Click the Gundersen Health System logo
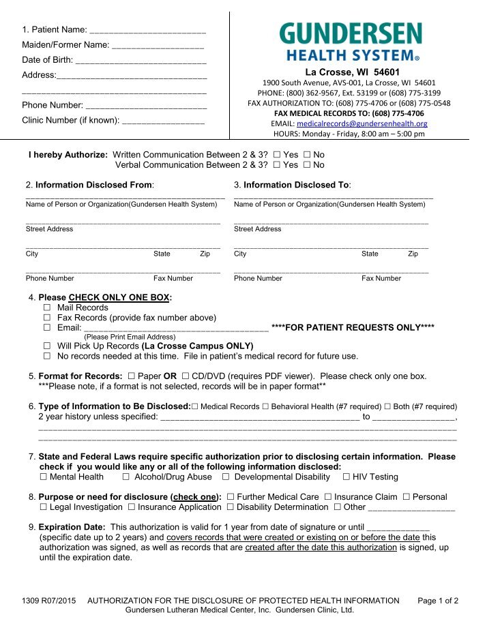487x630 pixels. pyautogui.click(x=350, y=42)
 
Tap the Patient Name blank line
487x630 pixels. pyautogui.click(x=148, y=31)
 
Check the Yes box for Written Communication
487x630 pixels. pyautogui.click(x=276, y=155)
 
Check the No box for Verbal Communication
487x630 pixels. pyautogui.click(x=307, y=165)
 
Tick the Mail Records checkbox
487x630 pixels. pyautogui.click(x=48, y=308)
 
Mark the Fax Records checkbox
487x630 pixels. pyautogui.click(x=48, y=318)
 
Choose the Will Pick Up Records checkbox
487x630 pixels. pyautogui.click(x=48, y=346)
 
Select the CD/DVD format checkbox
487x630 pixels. pyautogui.click(x=186, y=376)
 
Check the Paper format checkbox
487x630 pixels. pyautogui.click(x=131, y=376)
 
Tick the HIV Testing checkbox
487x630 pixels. pyautogui.click(x=346, y=477)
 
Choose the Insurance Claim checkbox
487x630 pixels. pyautogui.click(x=328, y=497)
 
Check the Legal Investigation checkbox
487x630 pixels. pyautogui.click(x=44, y=507)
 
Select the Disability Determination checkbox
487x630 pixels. pyautogui.click(x=231, y=507)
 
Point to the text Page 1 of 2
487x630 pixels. pyautogui.click(x=437, y=601)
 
